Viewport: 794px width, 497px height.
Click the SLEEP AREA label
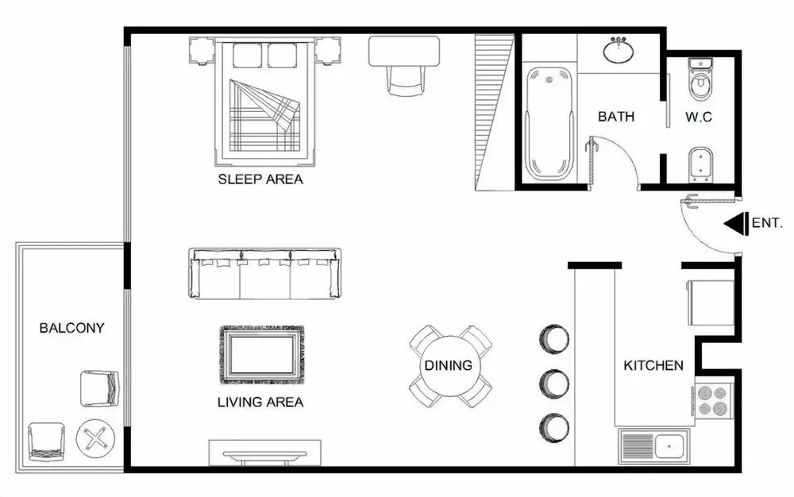pyautogui.click(x=260, y=179)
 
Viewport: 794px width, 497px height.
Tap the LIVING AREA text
pyautogui.click(x=260, y=403)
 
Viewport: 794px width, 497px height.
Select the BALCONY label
pyautogui.click(x=72, y=328)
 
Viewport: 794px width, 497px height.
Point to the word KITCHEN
pyautogui.click(x=653, y=365)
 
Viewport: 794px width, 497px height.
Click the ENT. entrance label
pyautogui.click(x=767, y=222)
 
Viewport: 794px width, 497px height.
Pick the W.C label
pyautogui.click(x=699, y=117)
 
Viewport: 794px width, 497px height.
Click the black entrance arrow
pyautogui.click(x=736, y=224)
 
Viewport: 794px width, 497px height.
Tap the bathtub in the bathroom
pyautogui.click(x=549, y=124)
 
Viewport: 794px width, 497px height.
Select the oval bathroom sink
pyautogui.click(x=619, y=50)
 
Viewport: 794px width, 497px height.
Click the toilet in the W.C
pyautogui.click(x=701, y=79)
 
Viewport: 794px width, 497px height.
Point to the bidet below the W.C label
pyautogui.click(x=701, y=165)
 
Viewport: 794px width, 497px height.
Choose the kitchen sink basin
pyautogui.click(x=669, y=447)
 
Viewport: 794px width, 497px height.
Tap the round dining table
pyautogui.click(x=449, y=365)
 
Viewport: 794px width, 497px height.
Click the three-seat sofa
pyautogui.click(x=264, y=274)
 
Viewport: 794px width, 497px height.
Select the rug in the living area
pyautogui.click(x=262, y=355)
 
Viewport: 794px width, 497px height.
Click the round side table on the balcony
pyautogui.click(x=96, y=437)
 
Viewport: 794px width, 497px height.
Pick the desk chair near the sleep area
pyautogui.click(x=405, y=80)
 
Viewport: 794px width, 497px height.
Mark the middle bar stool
pyautogui.click(x=554, y=383)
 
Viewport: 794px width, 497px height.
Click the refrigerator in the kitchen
pyautogui.click(x=710, y=302)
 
